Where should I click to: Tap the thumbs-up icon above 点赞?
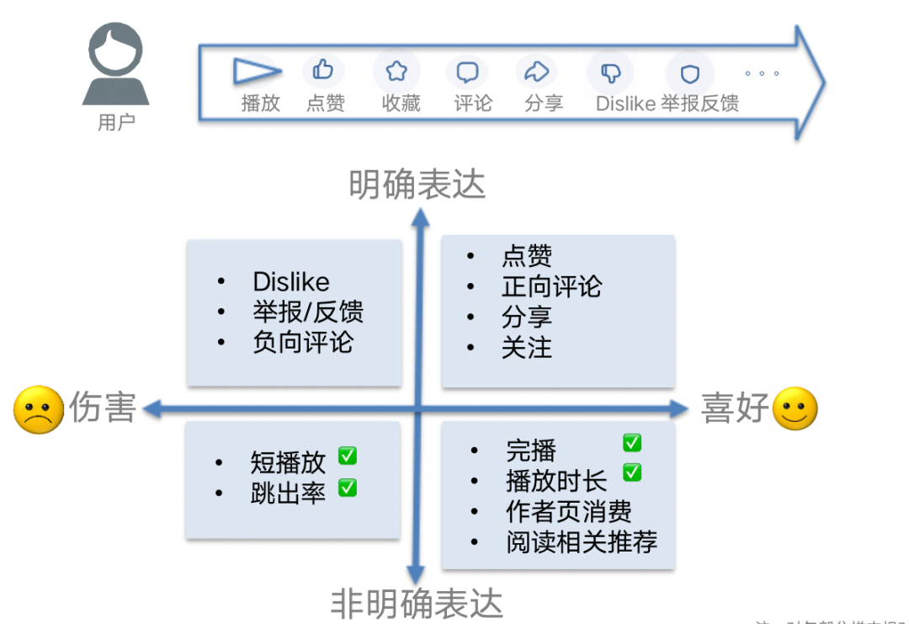pos(323,70)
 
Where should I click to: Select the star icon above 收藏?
pos(396,72)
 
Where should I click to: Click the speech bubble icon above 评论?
pos(468,72)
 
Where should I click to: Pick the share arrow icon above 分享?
pos(536,72)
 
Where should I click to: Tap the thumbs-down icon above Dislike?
pos(610,73)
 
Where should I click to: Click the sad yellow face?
pos(39,410)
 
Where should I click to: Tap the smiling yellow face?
pos(795,408)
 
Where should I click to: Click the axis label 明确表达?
pos(417,184)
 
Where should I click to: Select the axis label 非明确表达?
pos(417,604)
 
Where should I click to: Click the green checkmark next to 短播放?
pos(348,456)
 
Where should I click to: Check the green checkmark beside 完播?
pos(632,442)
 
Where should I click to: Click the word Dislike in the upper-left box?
pos(291,282)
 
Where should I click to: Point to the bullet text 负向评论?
pos(303,343)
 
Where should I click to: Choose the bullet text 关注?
pos(527,347)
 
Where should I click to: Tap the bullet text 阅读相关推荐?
pos(582,541)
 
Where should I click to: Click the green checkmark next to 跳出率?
pos(348,487)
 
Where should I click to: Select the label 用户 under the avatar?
pos(115,123)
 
